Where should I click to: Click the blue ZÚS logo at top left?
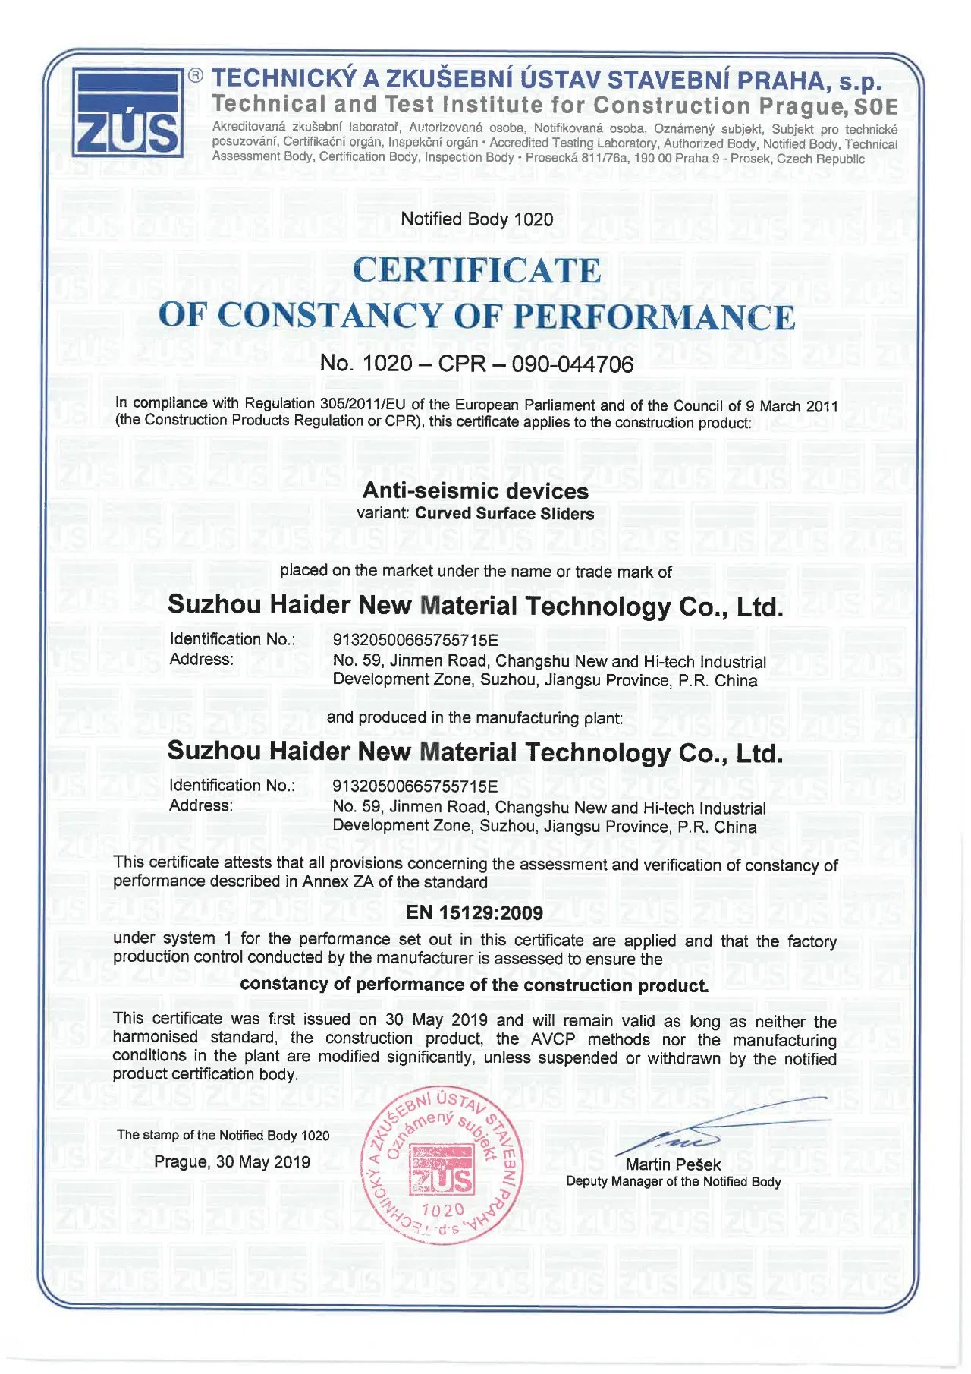pos(127,112)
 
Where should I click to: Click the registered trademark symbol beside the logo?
pos(196,75)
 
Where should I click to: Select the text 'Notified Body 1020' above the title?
pos(477,219)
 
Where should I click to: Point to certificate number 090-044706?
pos(573,364)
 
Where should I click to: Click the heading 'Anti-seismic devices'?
pos(476,491)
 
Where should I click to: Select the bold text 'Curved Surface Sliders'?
pos(504,514)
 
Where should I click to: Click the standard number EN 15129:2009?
pos(474,913)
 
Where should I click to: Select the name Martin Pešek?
pos(673,1164)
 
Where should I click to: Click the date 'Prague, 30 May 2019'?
pos(232,1161)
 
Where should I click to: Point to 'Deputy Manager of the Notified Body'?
pos(673,1182)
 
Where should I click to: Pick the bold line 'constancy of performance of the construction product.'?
pos(474,985)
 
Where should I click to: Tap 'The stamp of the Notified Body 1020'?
pos(223,1136)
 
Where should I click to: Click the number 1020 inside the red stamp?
pos(443,1209)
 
